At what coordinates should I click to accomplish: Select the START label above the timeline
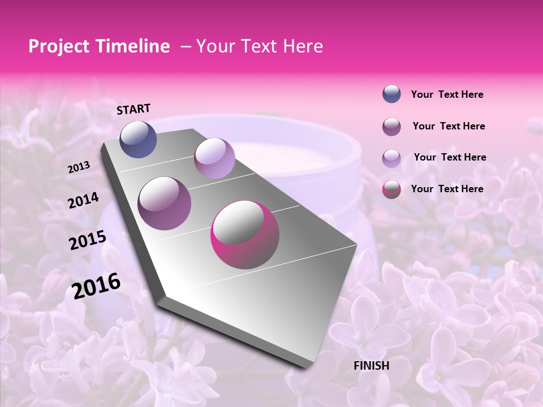click(x=133, y=109)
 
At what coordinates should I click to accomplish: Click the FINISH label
click(x=371, y=366)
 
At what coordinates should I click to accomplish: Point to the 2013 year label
click(x=79, y=167)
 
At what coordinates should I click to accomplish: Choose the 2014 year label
click(x=83, y=201)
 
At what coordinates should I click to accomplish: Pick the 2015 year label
click(x=88, y=240)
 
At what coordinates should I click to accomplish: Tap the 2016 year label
click(x=96, y=286)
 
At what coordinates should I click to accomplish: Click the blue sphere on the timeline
click(x=138, y=139)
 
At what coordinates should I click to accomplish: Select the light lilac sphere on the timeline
click(x=214, y=158)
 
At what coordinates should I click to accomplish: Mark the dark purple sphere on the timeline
click(x=165, y=203)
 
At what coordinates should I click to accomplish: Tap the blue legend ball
click(x=391, y=94)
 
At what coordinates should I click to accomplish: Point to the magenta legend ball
click(x=391, y=189)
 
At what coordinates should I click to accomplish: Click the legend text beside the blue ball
click(x=447, y=95)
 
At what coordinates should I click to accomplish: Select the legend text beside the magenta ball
click(x=447, y=189)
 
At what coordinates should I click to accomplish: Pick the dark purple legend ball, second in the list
click(x=391, y=127)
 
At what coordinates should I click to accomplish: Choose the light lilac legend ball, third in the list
click(x=391, y=158)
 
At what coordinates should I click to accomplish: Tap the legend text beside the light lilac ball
click(x=450, y=157)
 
